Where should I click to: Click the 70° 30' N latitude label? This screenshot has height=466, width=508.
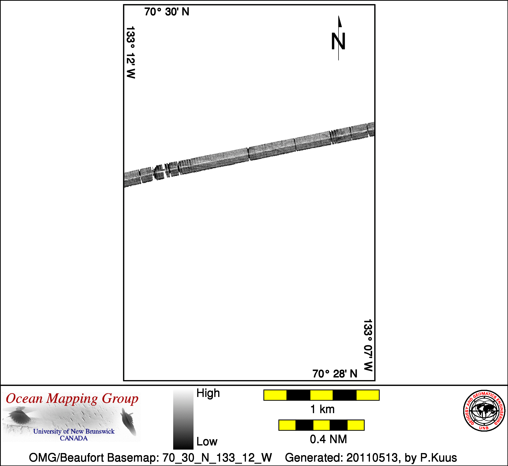pyautogui.click(x=167, y=12)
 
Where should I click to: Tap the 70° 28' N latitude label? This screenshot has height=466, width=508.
pyautogui.click(x=335, y=374)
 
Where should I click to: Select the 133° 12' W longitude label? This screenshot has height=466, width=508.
pyautogui.click(x=131, y=52)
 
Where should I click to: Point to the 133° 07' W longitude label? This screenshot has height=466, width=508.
pyautogui.click(x=368, y=345)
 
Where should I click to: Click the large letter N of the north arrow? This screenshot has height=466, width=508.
pyautogui.click(x=338, y=41)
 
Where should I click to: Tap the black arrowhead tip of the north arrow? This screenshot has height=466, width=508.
pyautogui.click(x=339, y=16)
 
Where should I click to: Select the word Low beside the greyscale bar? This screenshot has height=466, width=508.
pyautogui.click(x=207, y=442)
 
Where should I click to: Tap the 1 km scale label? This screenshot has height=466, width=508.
pyautogui.click(x=322, y=409)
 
